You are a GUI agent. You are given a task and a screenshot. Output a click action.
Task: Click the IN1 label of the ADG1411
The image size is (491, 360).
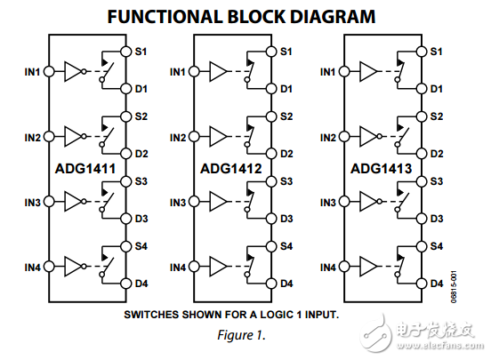32,72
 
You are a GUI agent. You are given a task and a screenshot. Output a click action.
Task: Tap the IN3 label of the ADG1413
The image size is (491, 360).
328,203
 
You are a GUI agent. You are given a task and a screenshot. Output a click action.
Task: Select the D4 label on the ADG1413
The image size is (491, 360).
436,284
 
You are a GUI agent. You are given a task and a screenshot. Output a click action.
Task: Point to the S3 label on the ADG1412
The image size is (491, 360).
286,181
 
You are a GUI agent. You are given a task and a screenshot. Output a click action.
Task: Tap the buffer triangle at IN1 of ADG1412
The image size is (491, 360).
218,72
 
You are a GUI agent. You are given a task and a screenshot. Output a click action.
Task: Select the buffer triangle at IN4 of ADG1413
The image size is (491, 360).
368,268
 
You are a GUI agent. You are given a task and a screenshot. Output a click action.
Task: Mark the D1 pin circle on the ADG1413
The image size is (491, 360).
420,89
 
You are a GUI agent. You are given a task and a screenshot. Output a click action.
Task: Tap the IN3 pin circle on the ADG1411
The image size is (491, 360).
48,203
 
